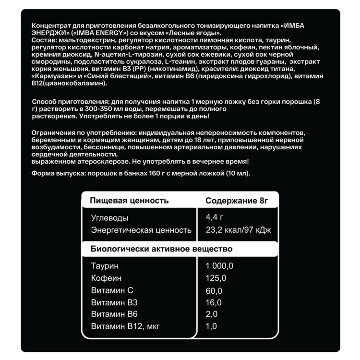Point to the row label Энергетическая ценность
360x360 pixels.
141,230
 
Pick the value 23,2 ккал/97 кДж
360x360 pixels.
238,230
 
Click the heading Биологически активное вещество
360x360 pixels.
162,249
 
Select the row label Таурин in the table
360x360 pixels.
104,266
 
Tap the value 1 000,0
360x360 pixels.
219,266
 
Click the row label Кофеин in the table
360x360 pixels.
106,278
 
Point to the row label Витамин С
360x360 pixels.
112,291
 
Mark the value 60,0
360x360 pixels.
214,291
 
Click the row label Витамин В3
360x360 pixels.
114,303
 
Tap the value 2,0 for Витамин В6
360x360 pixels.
211,315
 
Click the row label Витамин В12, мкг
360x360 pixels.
125,327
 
